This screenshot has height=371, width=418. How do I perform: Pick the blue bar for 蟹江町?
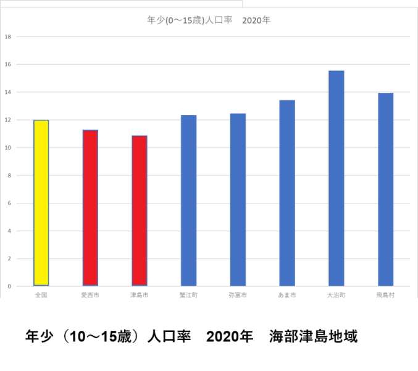click(x=188, y=200)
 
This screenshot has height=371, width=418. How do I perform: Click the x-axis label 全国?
click(x=41, y=296)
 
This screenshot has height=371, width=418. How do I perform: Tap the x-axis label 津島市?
click(x=140, y=296)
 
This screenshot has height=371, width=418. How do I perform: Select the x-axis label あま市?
click(x=287, y=296)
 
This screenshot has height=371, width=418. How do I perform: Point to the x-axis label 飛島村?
click(x=385, y=296)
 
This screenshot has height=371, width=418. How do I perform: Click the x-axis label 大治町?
click(x=336, y=296)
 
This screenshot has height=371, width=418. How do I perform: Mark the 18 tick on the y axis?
click(x=8, y=36)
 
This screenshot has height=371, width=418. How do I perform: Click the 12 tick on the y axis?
click(x=8, y=120)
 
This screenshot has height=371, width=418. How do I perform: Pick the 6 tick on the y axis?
click(x=8, y=203)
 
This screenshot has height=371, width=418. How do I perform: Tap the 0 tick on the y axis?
click(x=8, y=287)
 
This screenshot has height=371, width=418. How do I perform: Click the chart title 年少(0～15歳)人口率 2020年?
click(x=209, y=20)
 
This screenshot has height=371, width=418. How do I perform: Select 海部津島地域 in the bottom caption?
click(x=314, y=337)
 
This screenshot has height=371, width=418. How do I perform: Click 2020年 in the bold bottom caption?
click(x=230, y=337)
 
